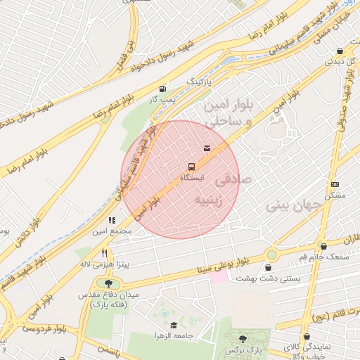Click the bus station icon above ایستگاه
tap(191, 167)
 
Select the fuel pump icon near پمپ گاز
tap(163, 89)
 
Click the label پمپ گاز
tap(162, 100)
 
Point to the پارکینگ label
tap(198, 82)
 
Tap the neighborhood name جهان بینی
tap(293, 206)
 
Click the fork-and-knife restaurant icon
tap(104, 253)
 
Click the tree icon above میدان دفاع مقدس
tap(108, 283)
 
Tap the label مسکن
tap(335, 194)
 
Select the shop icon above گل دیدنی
tap(340, 51)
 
